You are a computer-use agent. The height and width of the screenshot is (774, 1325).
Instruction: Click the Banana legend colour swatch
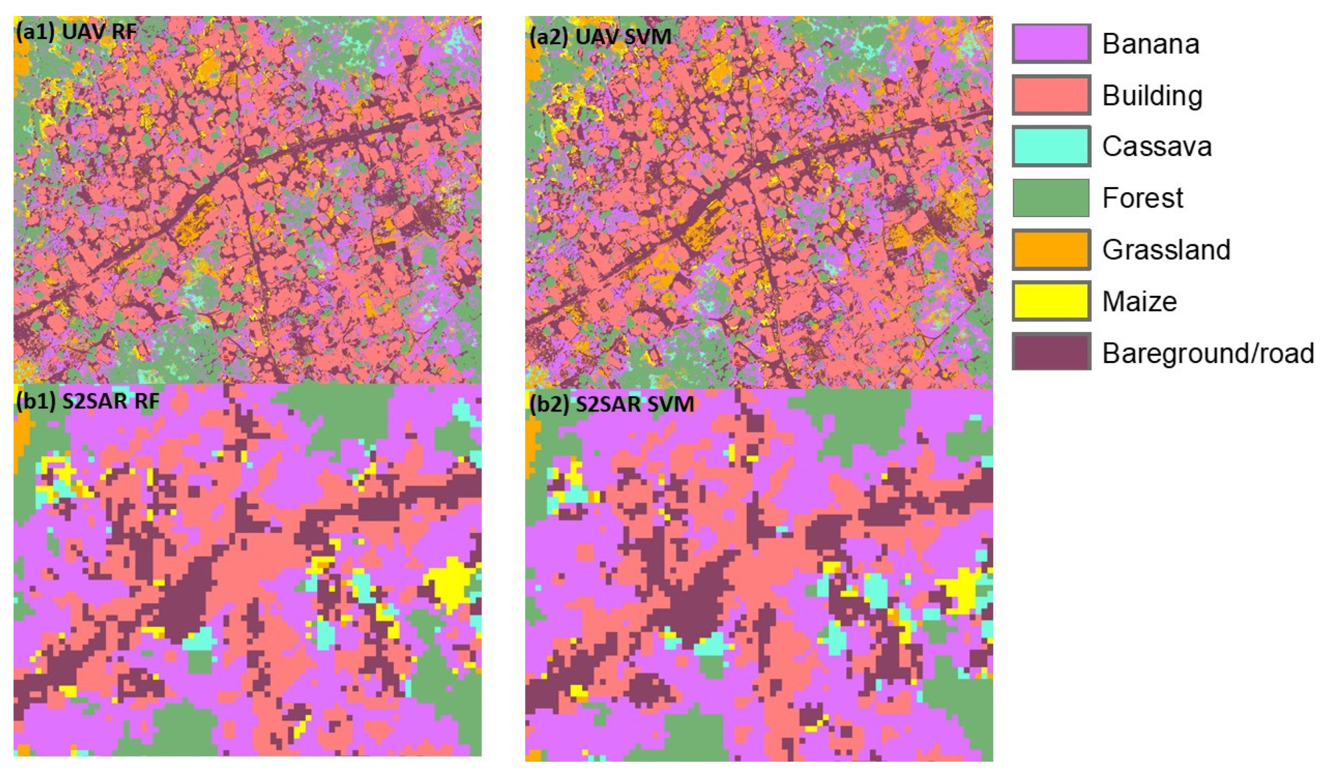(x=1051, y=44)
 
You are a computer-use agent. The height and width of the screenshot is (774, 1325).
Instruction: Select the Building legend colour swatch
(x=1051, y=95)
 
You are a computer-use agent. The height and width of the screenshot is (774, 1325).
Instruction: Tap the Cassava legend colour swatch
(x=1051, y=146)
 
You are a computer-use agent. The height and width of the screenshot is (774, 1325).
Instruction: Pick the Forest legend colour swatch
(x=1051, y=198)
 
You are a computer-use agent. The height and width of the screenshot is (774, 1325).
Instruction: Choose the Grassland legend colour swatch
(x=1051, y=249)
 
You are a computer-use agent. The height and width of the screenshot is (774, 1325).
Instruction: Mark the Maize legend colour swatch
(x=1051, y=301)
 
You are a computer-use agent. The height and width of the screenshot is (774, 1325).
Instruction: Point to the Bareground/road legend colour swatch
(x=1051, y=352)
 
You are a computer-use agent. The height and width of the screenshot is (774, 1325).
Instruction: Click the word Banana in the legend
(x=1150, y=44)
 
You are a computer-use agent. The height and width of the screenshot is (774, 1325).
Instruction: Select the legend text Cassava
(x=1157, y=146)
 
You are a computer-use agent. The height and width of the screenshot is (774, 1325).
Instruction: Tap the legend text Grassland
(x=1166, y=249)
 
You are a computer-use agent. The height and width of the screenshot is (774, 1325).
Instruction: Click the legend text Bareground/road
(x=1208, y=353)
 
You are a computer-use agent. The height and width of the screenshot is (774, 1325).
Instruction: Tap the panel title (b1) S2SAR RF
(x=87, y=401)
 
